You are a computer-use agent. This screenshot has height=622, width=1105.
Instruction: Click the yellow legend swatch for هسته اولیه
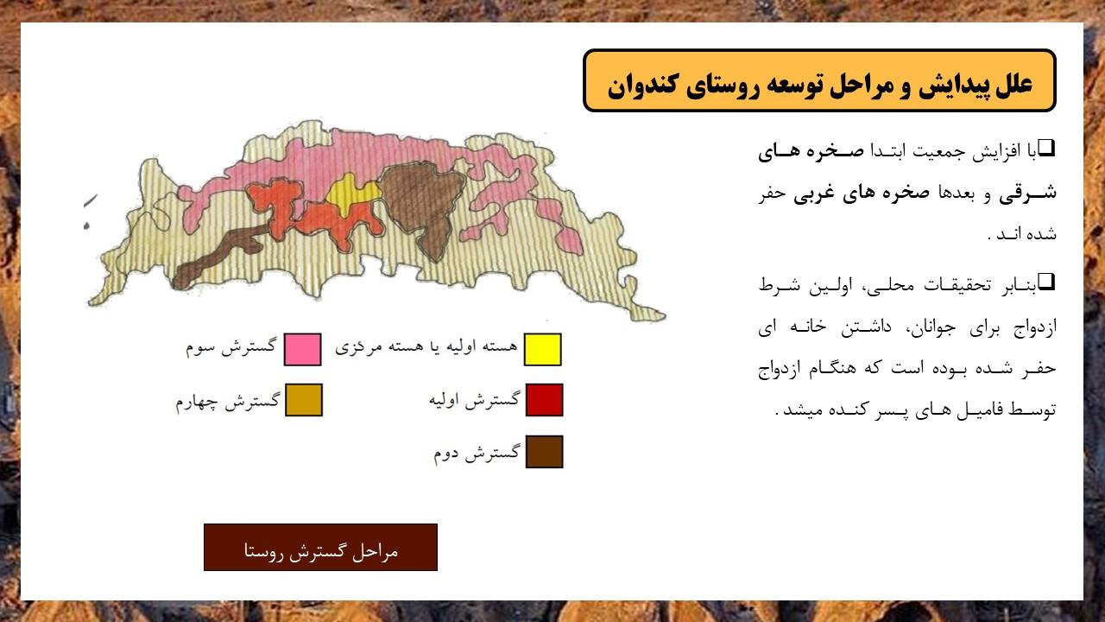coord(543,350)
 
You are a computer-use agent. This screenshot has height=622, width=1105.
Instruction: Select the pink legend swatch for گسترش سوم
coord(303,350)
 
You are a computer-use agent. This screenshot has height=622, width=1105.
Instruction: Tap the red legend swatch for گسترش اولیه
coord(544,400)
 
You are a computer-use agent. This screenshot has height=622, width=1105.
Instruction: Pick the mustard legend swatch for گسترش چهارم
coord(304,400)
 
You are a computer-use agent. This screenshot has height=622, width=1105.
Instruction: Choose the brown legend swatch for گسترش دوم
coord(544,452)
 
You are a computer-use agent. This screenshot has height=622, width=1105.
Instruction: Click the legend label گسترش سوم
coord(230,346)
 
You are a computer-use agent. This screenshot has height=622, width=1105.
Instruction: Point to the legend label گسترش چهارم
coord(228,402)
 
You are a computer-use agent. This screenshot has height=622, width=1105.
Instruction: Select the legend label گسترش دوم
coord(477,454)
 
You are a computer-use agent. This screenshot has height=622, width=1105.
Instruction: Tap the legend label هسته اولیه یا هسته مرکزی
coord(426,347)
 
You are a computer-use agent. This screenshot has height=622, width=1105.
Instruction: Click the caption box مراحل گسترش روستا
coord(320,548)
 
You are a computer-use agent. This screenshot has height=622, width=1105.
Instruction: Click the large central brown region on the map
coord(424,202)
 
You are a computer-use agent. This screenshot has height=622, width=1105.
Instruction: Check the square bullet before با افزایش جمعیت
coord(1046,148)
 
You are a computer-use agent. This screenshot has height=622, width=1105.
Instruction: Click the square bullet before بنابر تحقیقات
coord(1046,282)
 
